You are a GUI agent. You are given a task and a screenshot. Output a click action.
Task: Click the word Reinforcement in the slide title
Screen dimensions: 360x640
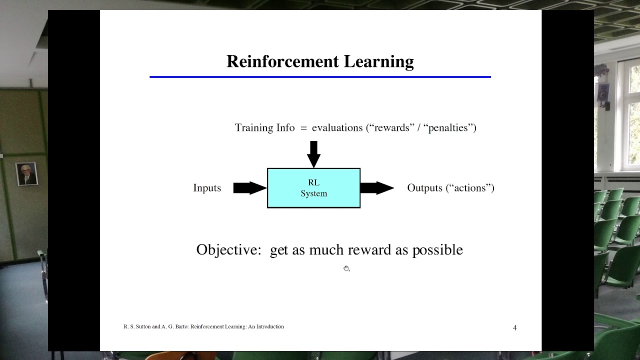pyautogui.click(x=283, y=61)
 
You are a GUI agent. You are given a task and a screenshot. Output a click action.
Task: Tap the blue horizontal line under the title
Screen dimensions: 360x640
pyautogui.click(x=320, y=77)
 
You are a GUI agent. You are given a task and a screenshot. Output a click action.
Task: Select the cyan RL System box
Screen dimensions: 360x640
pyautogui.click(x=313, y=188)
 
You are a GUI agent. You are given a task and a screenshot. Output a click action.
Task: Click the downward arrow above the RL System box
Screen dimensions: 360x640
pyautogui.click(x=313, y=153)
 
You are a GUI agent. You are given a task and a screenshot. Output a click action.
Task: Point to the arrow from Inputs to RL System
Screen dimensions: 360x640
pyautogui.click(x=249, y=188)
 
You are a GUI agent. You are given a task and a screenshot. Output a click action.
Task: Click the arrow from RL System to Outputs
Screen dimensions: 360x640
pyautogui.click(x=376, y=188)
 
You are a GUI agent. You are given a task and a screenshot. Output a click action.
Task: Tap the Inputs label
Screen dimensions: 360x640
pyautogui.click(x=207, y=188)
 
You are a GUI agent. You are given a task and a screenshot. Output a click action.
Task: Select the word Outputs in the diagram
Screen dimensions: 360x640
pyautogui.click(x=425, y=188)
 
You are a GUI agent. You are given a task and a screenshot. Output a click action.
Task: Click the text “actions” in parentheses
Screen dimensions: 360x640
pyautogui.click(x=470, y=188)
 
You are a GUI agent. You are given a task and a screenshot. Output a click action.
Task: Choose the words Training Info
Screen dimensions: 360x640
pyautogui.click(x=264, y=128)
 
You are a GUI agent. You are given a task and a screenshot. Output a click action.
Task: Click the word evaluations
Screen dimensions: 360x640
pyautogui.click(x=337, y=128)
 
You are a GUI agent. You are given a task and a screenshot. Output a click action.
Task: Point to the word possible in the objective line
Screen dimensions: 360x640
pyautogui.click(x=437, y=250)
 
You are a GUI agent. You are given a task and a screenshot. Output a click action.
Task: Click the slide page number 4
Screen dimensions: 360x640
pyautogui.click(x=515, y=327)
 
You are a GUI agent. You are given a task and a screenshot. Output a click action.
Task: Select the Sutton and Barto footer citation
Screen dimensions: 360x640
pyautogui.click(x=203, y=326)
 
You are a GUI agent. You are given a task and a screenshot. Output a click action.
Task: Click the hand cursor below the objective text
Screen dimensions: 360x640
pyautogui.click(x=346, y=269)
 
